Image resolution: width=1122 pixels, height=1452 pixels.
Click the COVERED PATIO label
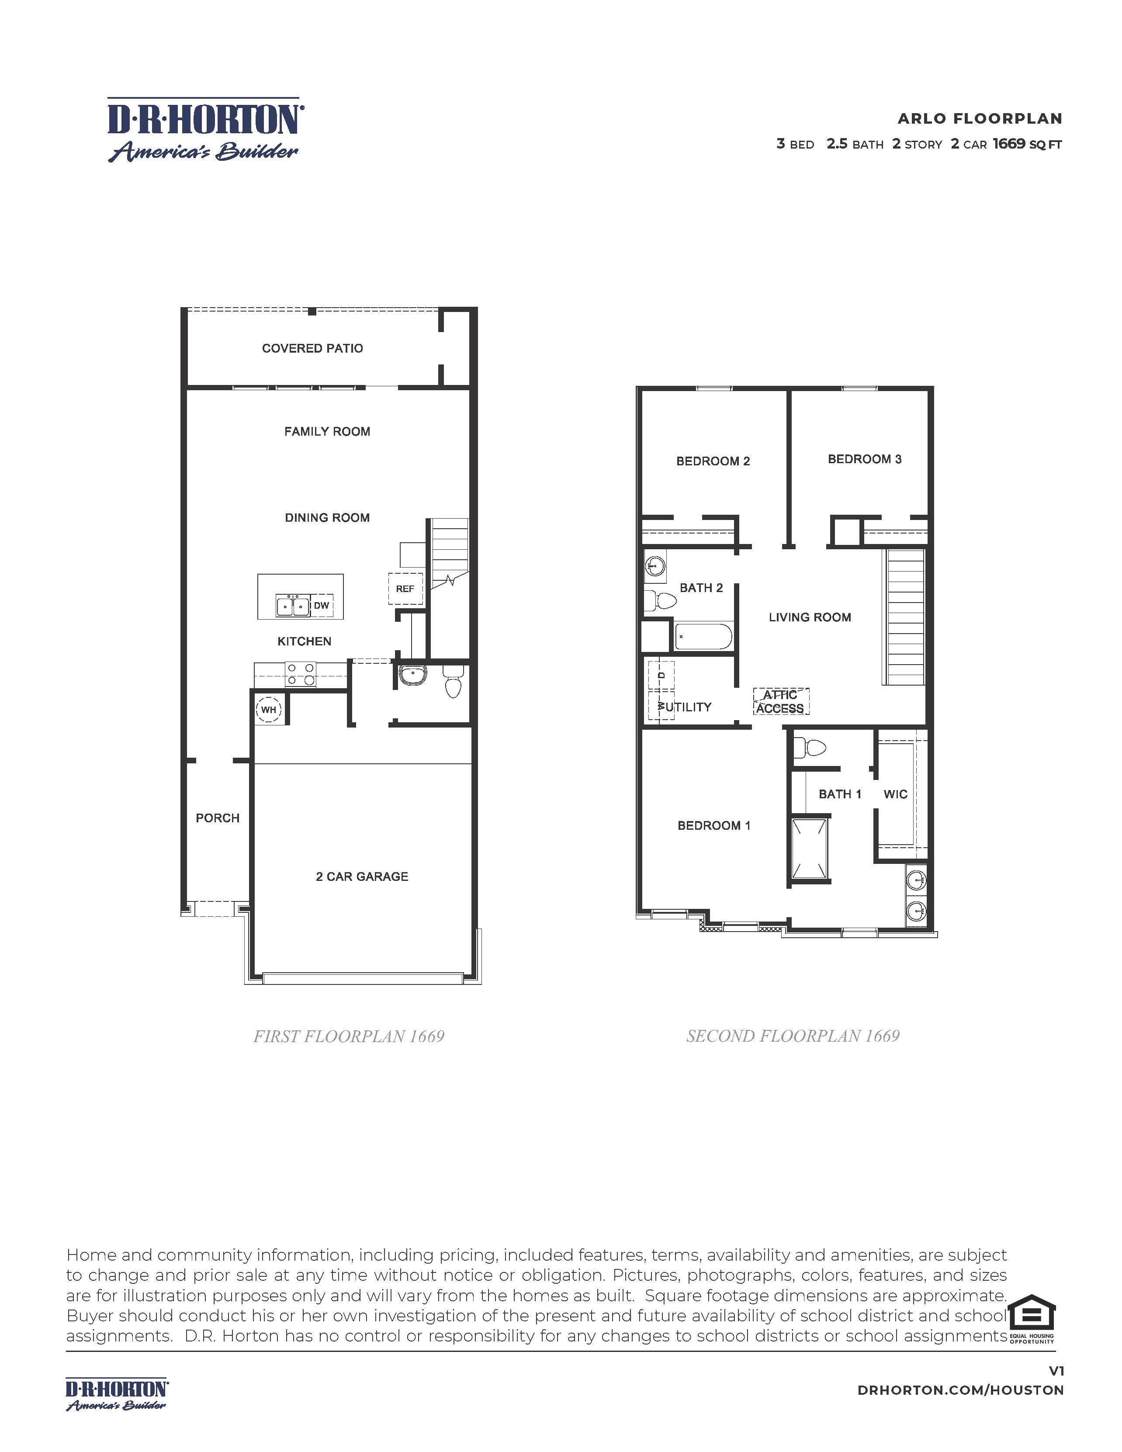tap(312, 348)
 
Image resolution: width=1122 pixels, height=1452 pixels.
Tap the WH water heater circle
tap(269, 709)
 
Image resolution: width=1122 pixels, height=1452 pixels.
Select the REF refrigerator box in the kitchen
tap(405, 589)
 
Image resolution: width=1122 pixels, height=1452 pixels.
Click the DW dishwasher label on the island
tap(321, 606)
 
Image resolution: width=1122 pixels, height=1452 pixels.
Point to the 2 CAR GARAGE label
tap(362, 876)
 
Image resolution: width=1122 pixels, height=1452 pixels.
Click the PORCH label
tap(217, 818)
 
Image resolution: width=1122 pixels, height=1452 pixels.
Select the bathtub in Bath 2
tap(703, 637)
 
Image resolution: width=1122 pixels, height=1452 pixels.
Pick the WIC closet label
tap(895, 794)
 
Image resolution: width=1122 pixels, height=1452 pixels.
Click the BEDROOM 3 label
tap(864, 459)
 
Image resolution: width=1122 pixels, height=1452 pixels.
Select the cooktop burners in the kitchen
tap(301, 674)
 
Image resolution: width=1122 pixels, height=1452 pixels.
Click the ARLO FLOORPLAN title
tap(980, 118)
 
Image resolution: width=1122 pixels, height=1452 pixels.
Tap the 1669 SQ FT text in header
tap(1027, 144)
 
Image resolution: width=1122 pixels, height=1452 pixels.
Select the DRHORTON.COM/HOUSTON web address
tap(960, 1390)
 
